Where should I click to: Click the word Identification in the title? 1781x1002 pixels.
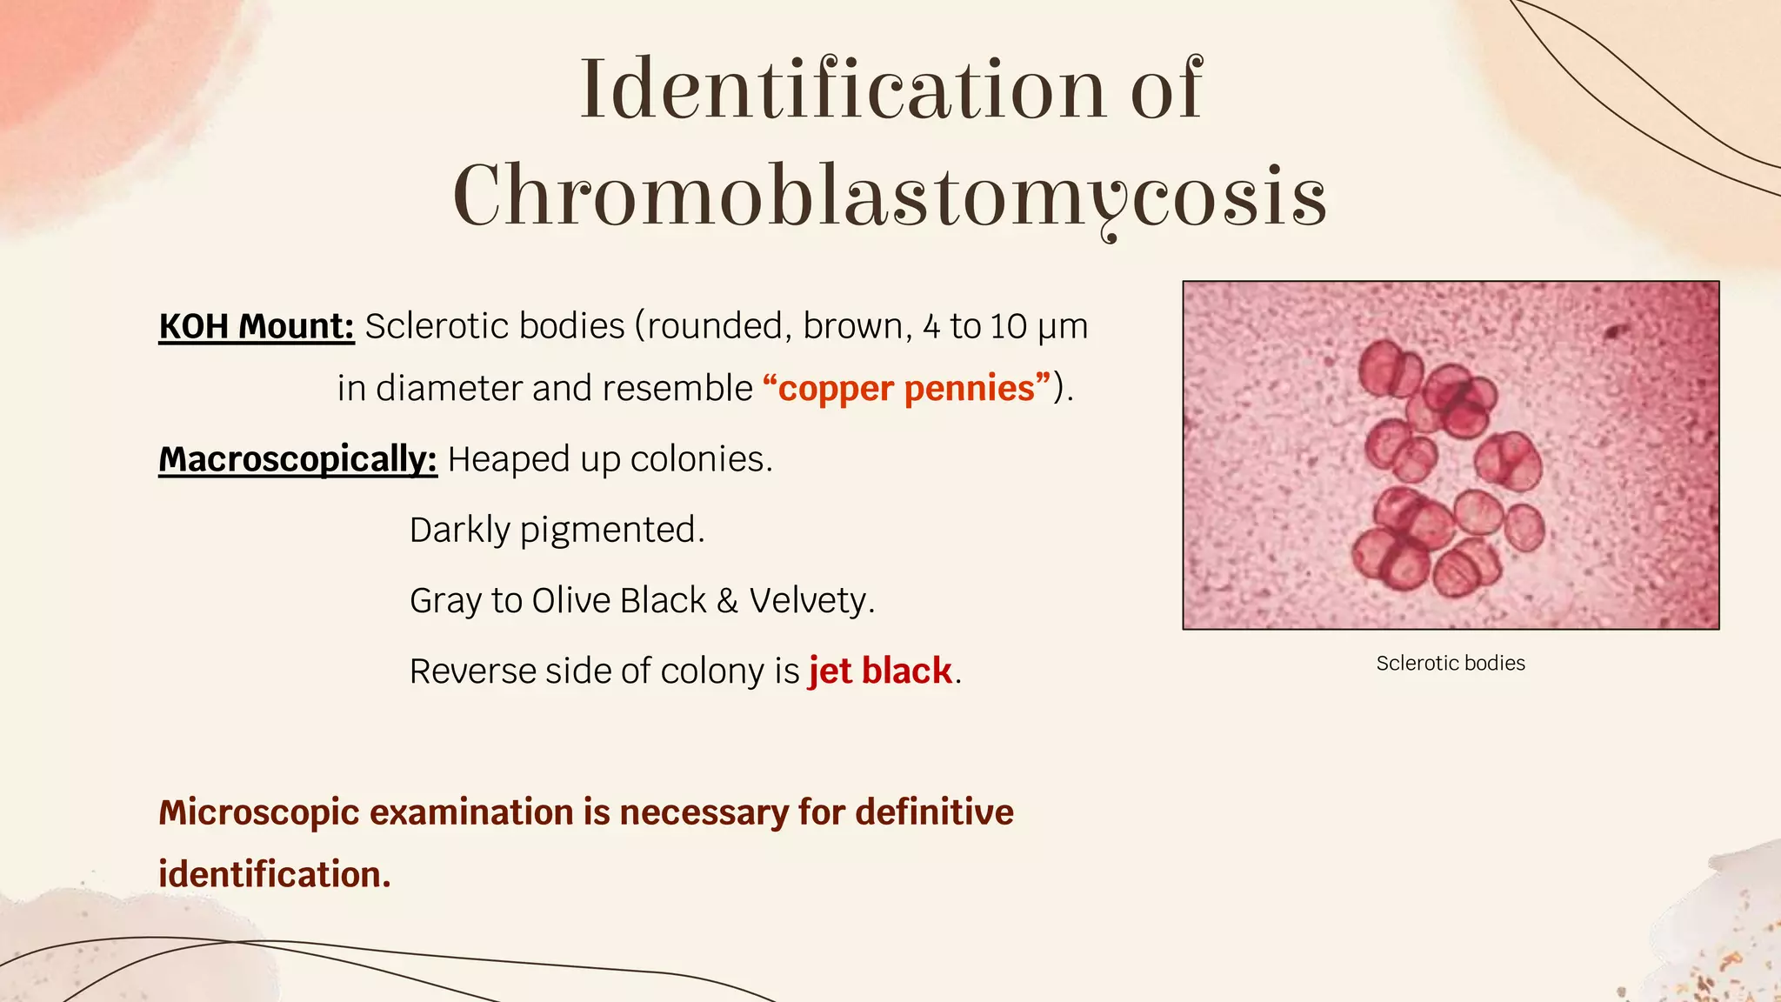842,90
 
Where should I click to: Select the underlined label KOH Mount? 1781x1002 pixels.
256,326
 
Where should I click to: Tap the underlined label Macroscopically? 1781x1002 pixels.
297,459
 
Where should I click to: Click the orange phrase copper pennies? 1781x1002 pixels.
906,389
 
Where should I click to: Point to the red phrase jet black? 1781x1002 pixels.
880,671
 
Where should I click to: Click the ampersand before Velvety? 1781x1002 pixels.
727,601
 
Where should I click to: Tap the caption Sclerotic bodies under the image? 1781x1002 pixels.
1450,664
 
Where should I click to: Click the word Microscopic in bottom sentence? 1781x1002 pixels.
258,812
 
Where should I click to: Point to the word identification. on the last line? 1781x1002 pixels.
274,875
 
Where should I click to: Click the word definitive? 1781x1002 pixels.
934,812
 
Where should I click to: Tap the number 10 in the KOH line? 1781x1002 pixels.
1008,327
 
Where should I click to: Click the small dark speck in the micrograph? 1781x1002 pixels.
1617,331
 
